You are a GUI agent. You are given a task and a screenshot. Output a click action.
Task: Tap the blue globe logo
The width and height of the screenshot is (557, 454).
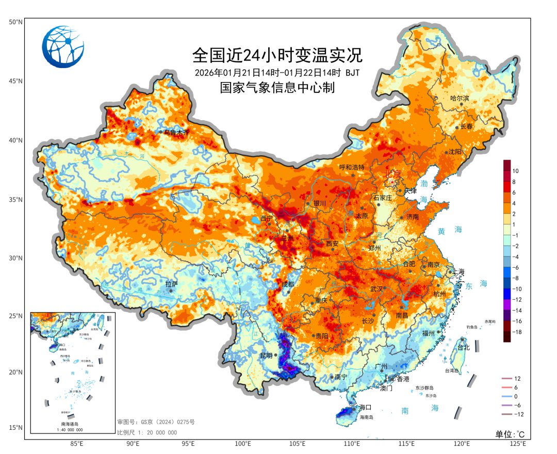click(63, 47)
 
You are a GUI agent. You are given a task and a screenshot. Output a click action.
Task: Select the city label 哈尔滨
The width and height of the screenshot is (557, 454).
click(460, 98)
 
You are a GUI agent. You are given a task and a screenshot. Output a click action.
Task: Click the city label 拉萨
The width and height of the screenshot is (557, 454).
click(171, 284)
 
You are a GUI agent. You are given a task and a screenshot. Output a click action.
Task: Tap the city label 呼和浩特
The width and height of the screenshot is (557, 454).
click(352, 167)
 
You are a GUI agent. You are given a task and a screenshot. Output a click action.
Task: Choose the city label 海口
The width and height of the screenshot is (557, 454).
click(366, 408)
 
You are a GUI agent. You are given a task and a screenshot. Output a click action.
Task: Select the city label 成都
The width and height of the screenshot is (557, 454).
click(288, 284)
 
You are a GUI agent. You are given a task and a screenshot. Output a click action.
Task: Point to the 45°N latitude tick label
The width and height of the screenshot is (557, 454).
click(15, 81)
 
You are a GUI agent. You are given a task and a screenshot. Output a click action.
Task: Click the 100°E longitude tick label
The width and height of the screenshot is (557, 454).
click(243, 443)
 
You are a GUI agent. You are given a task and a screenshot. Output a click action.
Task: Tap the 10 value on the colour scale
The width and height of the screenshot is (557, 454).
click(515, 171)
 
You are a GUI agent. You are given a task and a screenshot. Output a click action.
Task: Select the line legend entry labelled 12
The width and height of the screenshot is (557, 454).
click(517, 379)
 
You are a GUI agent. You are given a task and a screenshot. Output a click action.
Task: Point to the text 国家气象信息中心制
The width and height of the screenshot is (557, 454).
click(277, 88)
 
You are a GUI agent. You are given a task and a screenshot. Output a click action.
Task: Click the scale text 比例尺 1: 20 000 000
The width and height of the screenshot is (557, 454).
click(147, 432)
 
